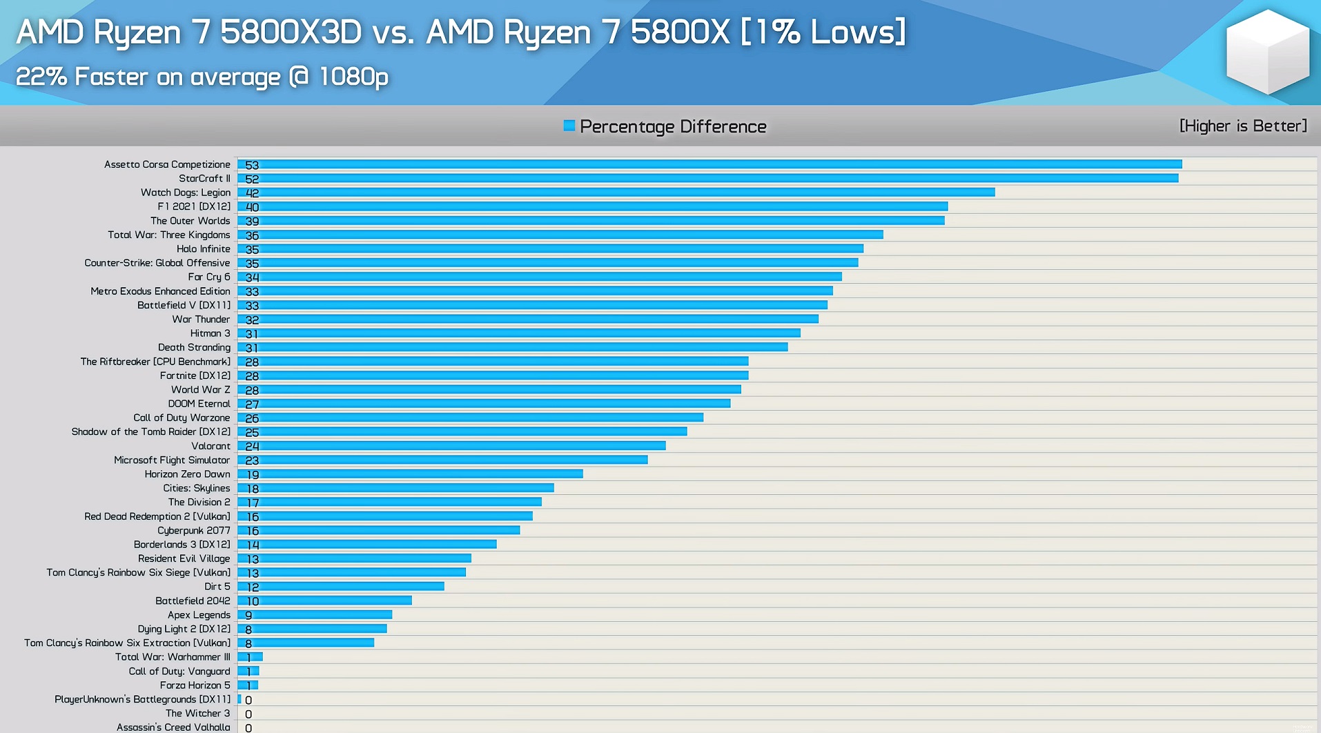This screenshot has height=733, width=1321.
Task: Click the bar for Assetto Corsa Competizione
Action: click(710, 164)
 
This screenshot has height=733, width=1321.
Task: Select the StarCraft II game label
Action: click(204, 178)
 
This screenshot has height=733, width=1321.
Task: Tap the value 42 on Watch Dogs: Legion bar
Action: click(252, 193)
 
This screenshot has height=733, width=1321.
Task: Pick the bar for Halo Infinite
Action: click(550, 248)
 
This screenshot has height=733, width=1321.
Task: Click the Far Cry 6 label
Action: click(208, 277)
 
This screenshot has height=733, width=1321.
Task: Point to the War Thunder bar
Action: click(528, 319)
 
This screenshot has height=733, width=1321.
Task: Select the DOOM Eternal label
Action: click(199, 404)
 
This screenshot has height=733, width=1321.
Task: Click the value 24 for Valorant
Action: click(252, 447)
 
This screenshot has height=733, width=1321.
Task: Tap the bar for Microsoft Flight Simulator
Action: click(442, 460)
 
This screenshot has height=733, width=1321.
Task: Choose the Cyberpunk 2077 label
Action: click(193, 530)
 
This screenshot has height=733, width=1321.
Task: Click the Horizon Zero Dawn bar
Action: click(410, 474)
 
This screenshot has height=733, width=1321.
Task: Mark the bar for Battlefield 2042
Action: click(324, 600)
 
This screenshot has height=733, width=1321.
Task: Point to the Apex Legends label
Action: click(199, 615)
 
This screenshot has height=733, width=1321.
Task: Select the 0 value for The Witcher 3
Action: click(248, 714)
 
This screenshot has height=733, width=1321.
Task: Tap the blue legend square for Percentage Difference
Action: click(569, 126)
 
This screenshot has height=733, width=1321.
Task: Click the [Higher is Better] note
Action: click(1243, 126)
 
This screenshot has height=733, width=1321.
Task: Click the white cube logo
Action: click(1267, 52)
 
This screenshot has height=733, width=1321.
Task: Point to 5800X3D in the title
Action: click(291, 32)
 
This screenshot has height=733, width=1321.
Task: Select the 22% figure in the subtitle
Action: click(41, 77)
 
